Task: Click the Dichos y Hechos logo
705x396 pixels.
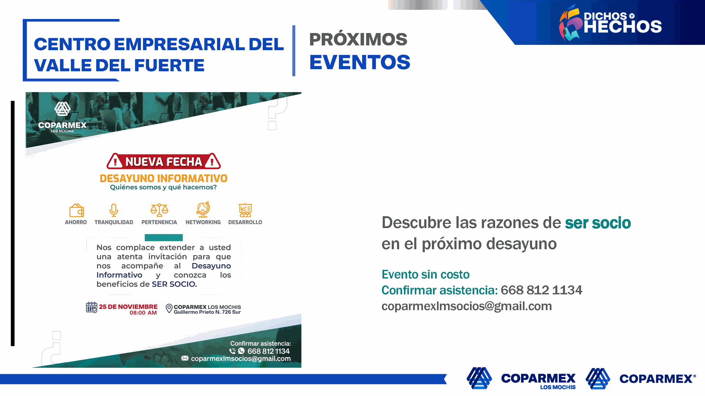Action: tap(610, 23)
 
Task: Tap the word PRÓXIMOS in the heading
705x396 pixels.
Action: tap(358, 39)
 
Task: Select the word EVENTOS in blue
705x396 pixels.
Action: tap(359, 62)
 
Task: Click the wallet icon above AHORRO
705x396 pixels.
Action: tap(77, 210)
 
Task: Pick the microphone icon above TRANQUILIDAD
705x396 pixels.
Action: tap(114, 210)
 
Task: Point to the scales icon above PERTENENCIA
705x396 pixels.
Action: tap(159, 210)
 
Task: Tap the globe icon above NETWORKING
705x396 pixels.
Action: tap(203, 209)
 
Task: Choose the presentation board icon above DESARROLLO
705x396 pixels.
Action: tap(245, 210)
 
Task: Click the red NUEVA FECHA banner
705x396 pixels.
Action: tap(164, 161)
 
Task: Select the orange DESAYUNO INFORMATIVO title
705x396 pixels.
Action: tap(163, 179)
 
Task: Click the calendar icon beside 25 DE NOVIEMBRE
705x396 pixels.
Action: tap(91, 307)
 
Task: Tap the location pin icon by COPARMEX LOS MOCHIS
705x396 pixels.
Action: tap(169, 308)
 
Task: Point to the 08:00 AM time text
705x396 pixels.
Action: tap(143, 313)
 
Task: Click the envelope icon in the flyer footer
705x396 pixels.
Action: tap(185, 358)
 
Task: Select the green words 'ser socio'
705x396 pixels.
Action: tap(598, 223)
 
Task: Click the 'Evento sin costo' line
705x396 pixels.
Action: tap(426, 274)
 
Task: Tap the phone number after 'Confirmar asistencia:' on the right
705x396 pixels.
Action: tap(541, 290)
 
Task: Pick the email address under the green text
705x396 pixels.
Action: tap(467, 306)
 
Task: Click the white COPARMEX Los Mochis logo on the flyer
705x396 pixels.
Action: tap(62, 117)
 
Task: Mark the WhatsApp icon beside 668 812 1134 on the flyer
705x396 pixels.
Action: tap(241, 351)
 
